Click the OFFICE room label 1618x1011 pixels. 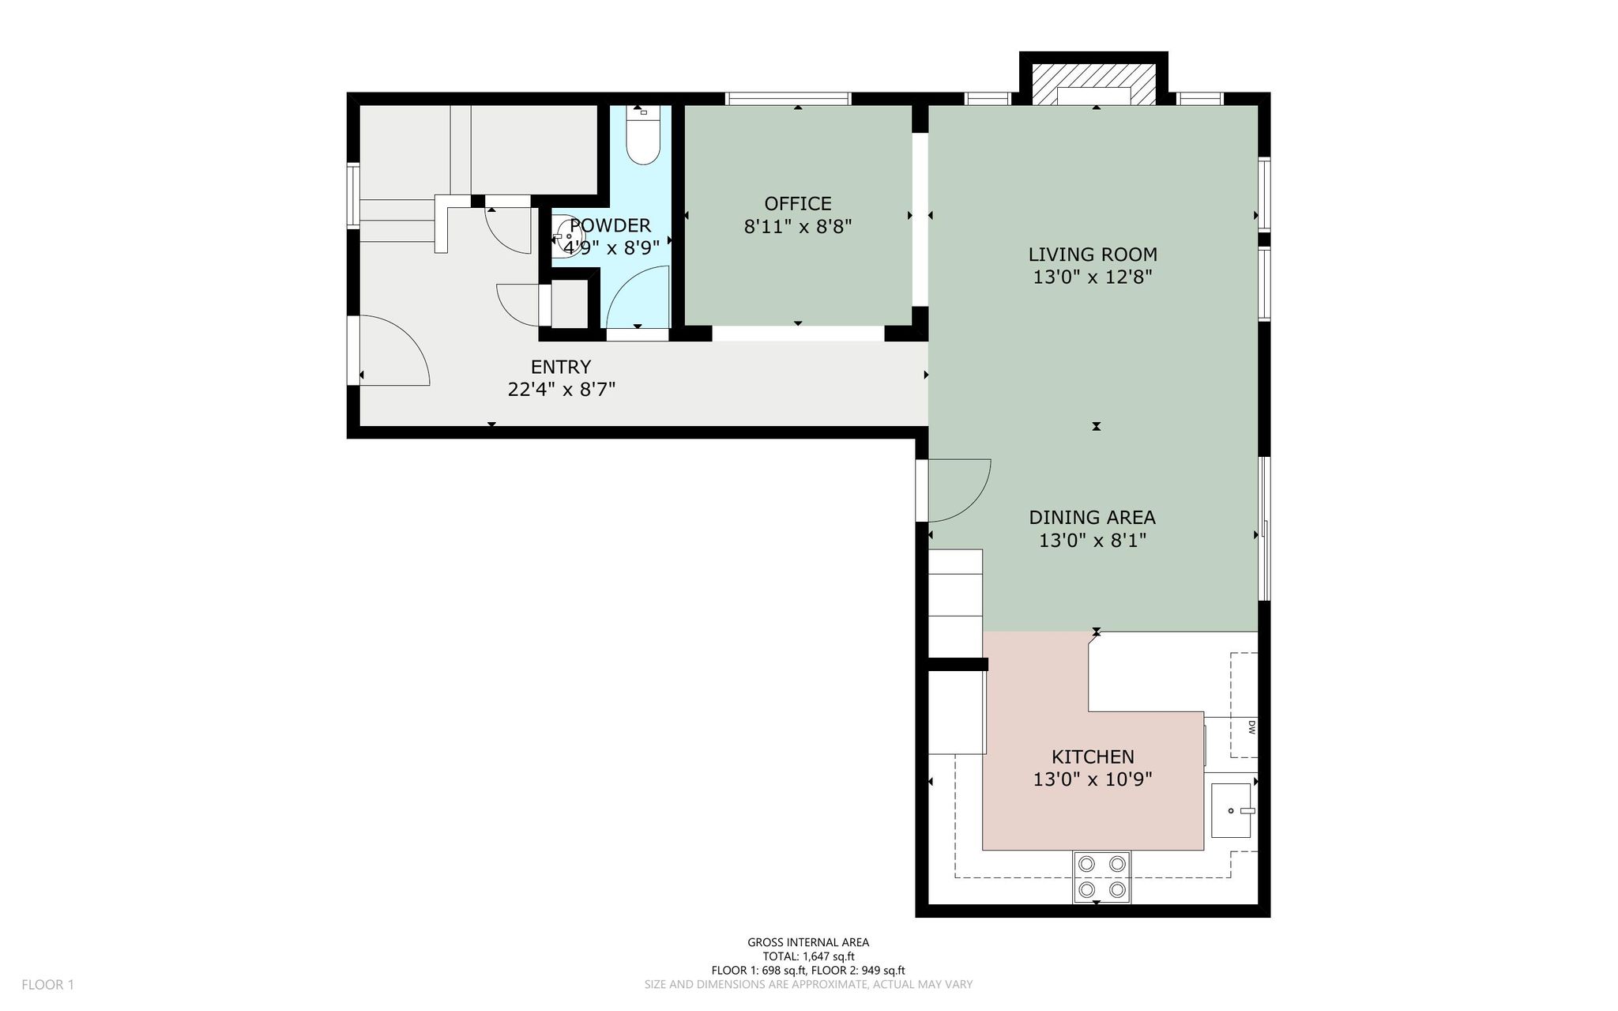[x=798, y=204]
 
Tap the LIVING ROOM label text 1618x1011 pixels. [x=1093, y=255]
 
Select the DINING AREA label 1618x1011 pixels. [x=1093, y=518]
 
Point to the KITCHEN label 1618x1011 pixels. [x=1093, y=757]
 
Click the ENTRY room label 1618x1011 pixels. [x=561, y=367]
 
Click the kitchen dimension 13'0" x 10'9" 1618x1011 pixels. [x=1093, y=780]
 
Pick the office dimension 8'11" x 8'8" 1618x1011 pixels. [x=798, y=228]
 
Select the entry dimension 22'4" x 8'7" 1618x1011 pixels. [x=561, y=390]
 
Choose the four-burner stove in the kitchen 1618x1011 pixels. [x=1101, y=877]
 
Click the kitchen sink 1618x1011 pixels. [x=1232, y=810]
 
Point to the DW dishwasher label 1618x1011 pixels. [x=1252, y=728]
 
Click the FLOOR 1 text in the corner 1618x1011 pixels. [x=47, y=985]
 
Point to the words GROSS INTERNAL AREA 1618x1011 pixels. [x=808, y=942]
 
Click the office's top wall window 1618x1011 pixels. [x=788, y=99]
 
